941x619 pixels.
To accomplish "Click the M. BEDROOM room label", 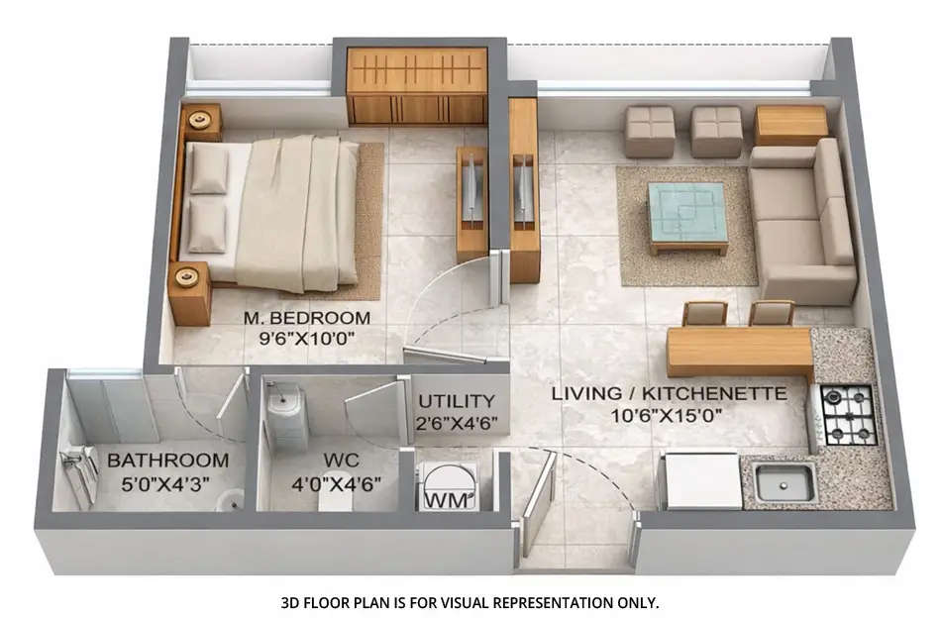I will [306, 318].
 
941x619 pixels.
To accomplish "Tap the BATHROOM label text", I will [167, 461].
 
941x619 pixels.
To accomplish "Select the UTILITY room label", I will [456, 401].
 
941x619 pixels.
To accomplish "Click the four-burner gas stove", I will [848, 414].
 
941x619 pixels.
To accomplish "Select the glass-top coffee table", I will [687, 214].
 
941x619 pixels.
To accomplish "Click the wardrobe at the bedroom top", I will [417, 86].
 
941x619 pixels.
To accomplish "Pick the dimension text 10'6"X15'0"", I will [670, 416].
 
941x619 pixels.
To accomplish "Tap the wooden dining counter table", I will [740, 349].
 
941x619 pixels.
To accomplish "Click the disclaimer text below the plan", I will [470, 601].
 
